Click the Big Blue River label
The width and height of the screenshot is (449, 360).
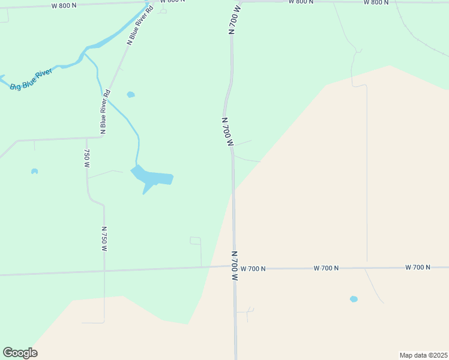click(32, 79)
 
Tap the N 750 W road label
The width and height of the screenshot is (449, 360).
click(104, 238)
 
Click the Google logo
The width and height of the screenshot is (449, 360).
click(20, 353)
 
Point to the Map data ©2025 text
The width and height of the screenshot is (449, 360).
click(423, 355)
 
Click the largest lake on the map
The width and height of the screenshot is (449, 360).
click(153, 178)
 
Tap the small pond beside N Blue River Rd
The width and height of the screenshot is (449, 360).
click(131, 94)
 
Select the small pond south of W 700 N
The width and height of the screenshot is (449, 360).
click(354, 299)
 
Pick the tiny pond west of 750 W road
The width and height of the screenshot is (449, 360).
click(34, 172)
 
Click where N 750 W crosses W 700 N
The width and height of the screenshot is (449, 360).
click(104, 271)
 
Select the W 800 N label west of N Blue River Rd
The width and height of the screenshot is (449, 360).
click(64, 5)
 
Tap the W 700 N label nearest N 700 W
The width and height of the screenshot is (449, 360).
click(253, 269)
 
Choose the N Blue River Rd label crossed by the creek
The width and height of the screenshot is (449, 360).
click(105, 111)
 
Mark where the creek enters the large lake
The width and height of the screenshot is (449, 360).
click(137, 165)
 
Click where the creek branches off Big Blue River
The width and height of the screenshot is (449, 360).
click(83, 54)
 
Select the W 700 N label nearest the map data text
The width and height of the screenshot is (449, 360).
click(418, 267)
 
